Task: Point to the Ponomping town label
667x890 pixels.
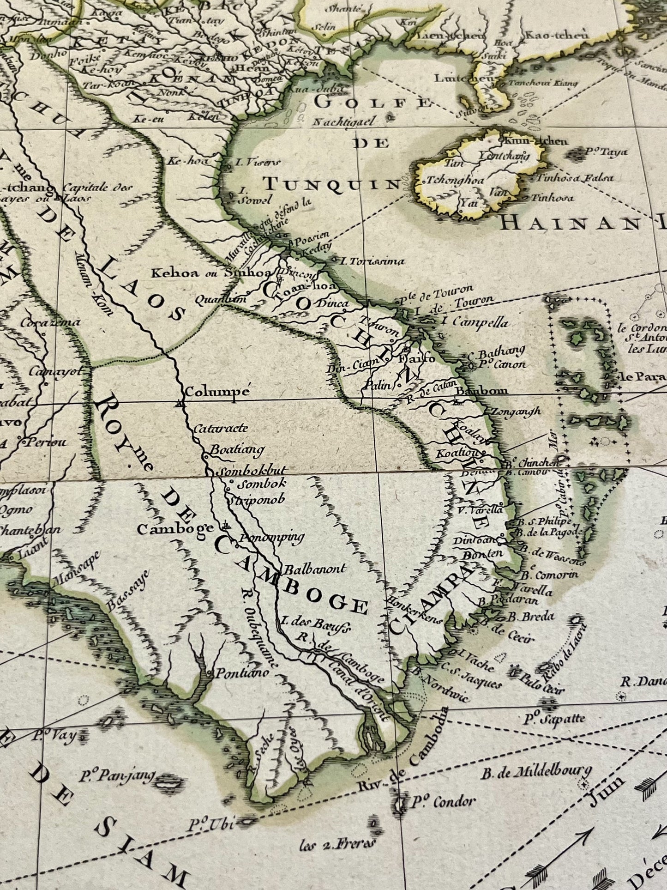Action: point(272,537)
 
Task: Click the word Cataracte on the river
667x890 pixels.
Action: point(221,428)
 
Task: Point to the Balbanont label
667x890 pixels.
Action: point(315,569)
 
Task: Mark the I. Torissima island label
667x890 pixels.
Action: point(372,261)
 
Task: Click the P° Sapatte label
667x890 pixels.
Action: point(554,719)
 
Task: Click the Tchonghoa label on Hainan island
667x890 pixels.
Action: point(455,180)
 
